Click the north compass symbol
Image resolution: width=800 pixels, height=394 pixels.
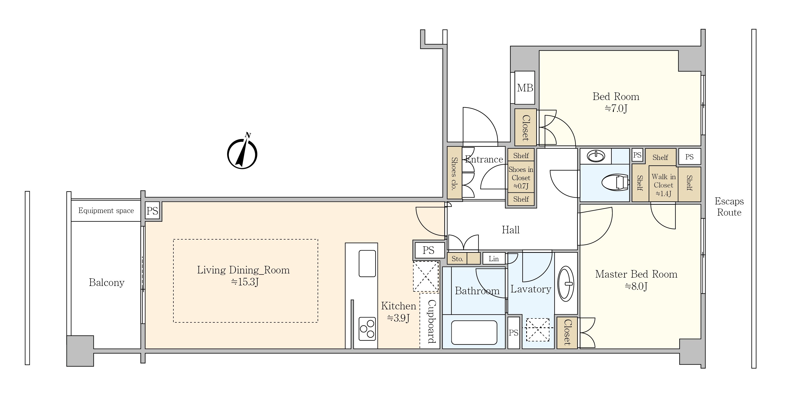pos(242,153)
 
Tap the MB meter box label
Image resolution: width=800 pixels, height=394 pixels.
pos(525,88)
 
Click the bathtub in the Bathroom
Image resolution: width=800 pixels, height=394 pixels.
pos(474,332)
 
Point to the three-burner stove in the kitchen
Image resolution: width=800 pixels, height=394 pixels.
pos(367,329)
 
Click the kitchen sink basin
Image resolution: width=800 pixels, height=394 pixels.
pos(367,263)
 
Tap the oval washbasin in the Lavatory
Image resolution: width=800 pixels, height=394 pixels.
pos(566,284)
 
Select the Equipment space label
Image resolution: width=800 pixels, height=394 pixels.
pos(106,211)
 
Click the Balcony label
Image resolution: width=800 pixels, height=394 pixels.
pos(107,282)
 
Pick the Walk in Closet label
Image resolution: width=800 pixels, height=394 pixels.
pos(663,185)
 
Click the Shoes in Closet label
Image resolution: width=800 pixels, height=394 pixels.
pos(521,178)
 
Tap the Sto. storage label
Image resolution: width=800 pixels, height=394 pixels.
pos(457,259)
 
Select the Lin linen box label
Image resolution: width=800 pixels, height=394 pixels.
pos(493,259)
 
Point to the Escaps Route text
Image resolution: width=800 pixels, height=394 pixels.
pos(729,207)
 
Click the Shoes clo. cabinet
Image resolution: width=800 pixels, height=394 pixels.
pos(454,173)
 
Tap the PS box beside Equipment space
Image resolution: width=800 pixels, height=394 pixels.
pos(153,211)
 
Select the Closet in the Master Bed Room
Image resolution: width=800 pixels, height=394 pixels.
pos(567,332)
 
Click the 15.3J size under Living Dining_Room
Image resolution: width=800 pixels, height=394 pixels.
pos(245,282)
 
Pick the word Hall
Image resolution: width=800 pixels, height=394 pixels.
pos(511,230)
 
